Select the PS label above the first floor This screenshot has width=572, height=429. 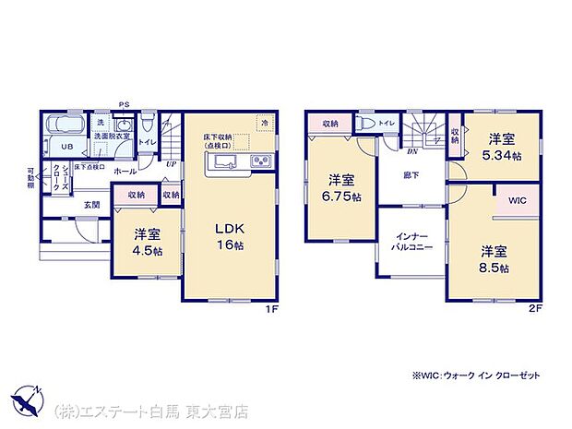point(123,104)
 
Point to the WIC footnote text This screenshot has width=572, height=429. point(476,375)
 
